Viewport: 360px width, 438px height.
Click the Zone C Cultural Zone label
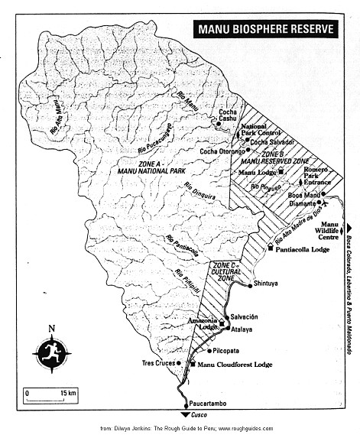[225, 270]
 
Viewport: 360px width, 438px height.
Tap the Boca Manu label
[303, 195]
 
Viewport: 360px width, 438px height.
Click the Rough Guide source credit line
[186, 429]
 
